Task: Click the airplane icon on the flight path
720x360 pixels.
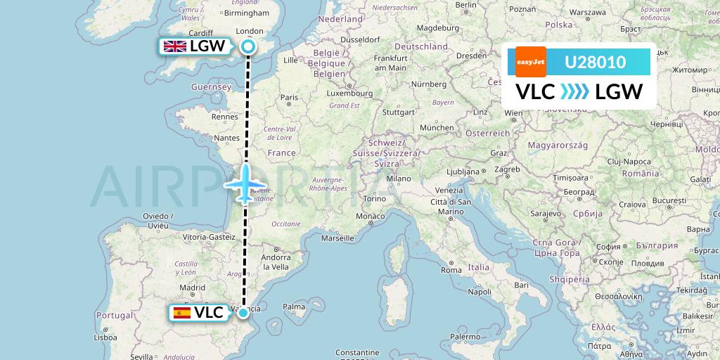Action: coord(245,184)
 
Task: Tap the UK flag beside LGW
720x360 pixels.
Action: coord(174,47)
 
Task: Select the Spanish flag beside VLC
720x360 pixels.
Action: coord(182,313)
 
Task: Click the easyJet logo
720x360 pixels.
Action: coord(531,62)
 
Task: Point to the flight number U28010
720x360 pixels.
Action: coord(595,63)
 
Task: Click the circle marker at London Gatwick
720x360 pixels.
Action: coord(247,47)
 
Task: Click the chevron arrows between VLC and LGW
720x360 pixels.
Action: coord(574,92)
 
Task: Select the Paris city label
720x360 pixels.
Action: coord(289,98)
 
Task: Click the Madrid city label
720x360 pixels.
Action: coord(192,288)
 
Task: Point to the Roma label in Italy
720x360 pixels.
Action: coord(451,270)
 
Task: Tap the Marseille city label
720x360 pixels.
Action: coord(337,238)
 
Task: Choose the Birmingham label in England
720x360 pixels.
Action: coord(247,13)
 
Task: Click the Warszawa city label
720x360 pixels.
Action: coord(588,13)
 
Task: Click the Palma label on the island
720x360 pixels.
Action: coord(293,307)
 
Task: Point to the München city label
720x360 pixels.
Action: coord(437,127)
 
